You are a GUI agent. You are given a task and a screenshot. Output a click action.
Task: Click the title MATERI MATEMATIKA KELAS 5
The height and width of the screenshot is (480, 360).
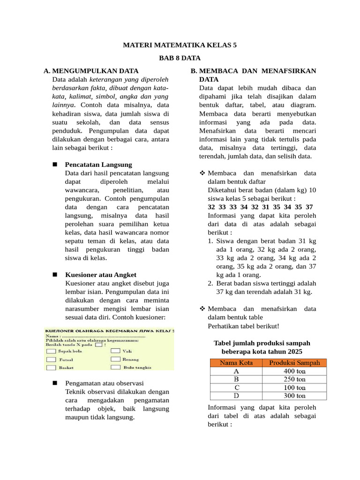click(x=180, y=45)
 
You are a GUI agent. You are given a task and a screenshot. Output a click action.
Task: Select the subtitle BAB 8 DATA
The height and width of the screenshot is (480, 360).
click(x=180, y=58)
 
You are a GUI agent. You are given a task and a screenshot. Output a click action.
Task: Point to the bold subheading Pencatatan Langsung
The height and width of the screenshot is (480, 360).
click(x=98, y=165)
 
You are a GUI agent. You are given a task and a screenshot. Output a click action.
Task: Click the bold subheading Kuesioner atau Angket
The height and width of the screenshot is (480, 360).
click(x=101, y=275)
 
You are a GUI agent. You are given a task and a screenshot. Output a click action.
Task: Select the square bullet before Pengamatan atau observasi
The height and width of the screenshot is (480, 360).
click(x=55, y=383)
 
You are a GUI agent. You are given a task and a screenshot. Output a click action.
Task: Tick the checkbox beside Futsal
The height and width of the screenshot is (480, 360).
click(x=51, y=360)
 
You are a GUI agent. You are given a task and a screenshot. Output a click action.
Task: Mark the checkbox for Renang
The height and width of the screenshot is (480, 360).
click(x=115, y=360)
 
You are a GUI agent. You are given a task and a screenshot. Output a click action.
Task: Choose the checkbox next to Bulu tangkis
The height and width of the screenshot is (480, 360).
click(x=115, y=368)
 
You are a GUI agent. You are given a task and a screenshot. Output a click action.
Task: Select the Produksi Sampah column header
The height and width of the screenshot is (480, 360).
click(x=294, y=362)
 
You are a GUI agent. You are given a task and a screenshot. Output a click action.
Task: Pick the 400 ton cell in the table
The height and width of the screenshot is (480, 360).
click(x=294, y=371)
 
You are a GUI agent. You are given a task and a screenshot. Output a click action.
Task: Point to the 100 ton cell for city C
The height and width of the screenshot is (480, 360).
click(x=294, y=387)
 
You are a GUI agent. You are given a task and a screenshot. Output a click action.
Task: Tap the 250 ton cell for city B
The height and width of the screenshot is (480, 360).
click(x=294, y=379)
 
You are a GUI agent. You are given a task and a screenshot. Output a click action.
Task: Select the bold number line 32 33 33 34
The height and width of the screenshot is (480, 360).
click(x=260, y=207)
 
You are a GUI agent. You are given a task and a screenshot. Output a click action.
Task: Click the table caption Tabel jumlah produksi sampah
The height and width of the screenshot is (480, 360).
click(x=262, y=343)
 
